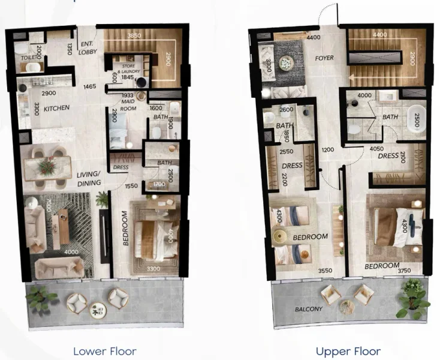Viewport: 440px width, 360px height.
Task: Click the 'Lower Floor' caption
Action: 104,351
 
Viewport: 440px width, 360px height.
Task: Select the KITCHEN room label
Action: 56,108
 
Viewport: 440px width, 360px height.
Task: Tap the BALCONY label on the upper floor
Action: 308,309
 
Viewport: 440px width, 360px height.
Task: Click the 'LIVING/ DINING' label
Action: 88,179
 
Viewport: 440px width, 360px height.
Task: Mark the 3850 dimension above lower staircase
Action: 135,35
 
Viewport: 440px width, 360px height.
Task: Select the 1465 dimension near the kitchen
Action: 90,87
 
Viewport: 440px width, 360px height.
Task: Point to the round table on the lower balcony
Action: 97,310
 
